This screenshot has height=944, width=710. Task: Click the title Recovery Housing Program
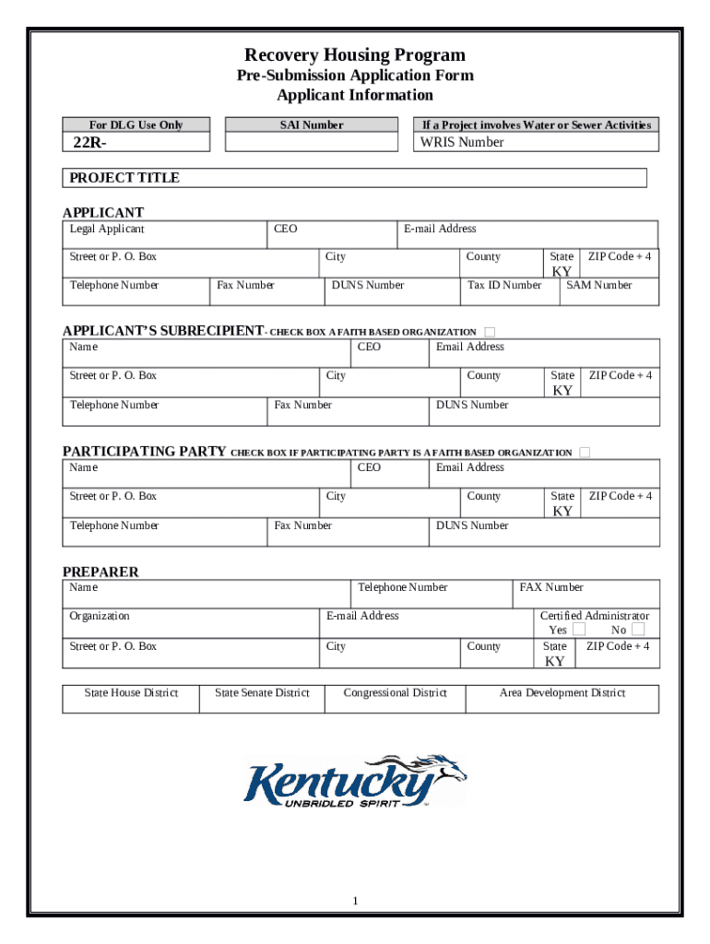354,55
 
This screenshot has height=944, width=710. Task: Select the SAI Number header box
311,125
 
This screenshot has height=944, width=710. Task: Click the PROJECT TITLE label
124,178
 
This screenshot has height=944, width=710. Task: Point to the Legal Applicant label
107,229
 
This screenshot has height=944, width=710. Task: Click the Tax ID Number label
504,285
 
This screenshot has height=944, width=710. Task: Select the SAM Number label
598,285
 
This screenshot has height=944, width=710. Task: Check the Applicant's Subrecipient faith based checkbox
490,332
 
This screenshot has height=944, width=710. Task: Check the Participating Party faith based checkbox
585,453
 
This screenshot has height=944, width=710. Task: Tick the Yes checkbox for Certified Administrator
579,630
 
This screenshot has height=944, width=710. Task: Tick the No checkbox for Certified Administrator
638,630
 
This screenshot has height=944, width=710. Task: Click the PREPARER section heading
100,572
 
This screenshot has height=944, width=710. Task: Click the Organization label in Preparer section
100,616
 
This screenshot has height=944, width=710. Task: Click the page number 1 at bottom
354,900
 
